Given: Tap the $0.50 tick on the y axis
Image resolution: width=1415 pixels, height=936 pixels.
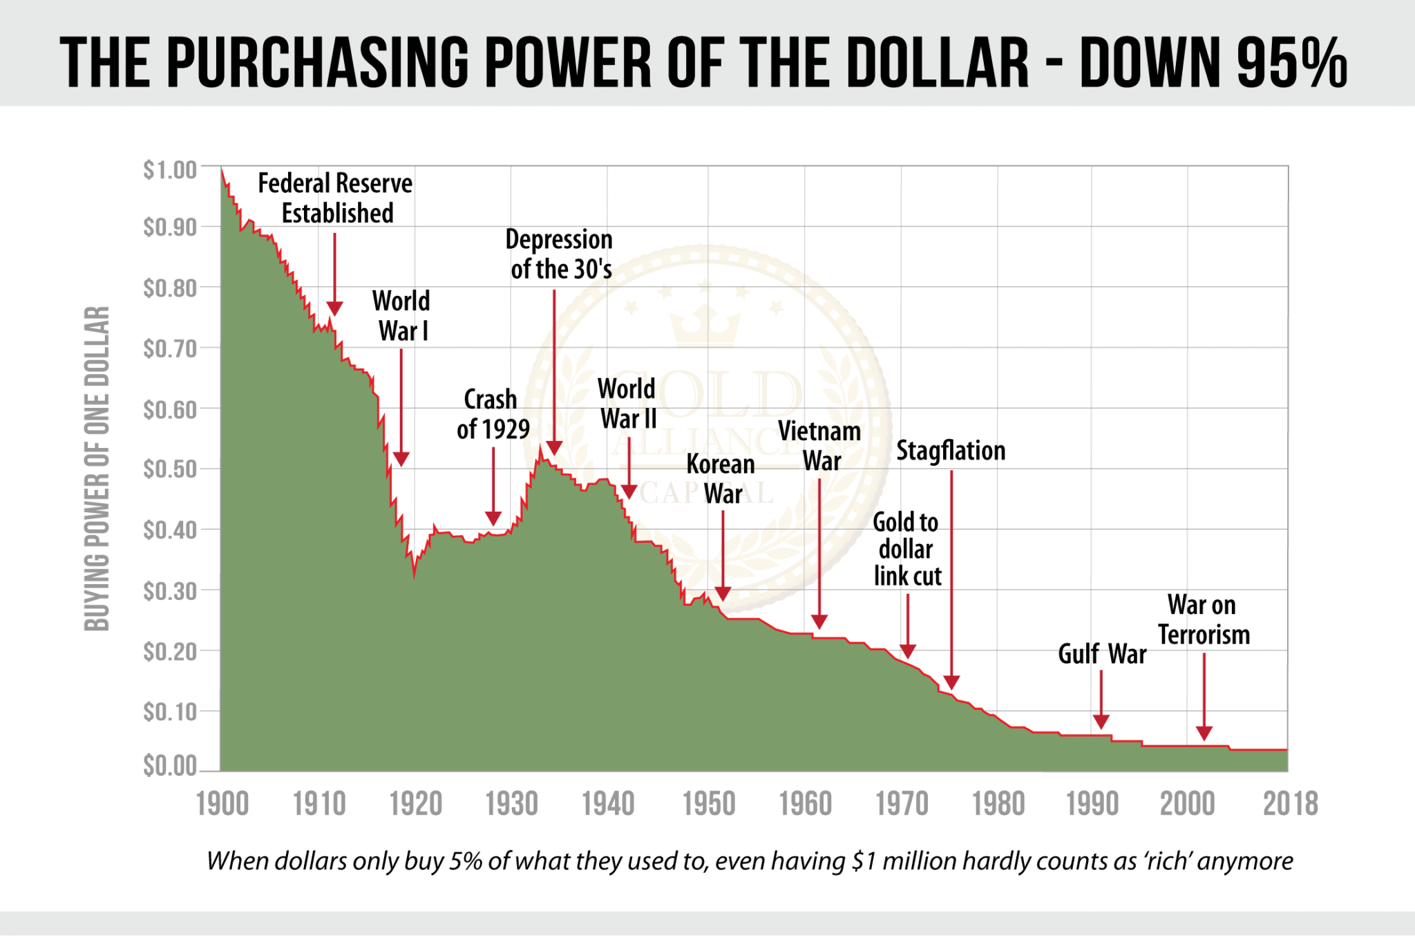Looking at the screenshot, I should pos(170,469).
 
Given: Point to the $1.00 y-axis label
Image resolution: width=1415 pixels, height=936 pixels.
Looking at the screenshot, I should pos(170,170).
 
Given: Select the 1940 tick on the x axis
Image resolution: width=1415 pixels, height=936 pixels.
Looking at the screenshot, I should pos(608,804).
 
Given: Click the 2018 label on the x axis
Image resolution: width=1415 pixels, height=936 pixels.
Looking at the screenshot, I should pos(1290,804).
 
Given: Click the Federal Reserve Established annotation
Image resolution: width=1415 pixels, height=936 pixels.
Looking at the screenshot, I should pos(336,198).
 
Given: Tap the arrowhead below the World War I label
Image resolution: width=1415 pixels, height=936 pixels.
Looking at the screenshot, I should pos(401,459).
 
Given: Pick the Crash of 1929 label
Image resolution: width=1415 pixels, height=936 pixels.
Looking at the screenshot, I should pos(493,414).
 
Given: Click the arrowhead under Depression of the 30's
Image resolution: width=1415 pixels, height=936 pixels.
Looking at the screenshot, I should pos(554,447).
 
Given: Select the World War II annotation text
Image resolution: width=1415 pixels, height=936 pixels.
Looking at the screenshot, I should pos(627,404).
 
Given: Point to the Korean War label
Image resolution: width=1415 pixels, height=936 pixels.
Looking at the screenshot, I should pos(721,479).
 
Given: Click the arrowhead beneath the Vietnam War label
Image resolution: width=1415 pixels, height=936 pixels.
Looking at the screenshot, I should pos(819,621).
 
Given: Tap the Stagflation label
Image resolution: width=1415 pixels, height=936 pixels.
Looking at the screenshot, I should pos(951,451).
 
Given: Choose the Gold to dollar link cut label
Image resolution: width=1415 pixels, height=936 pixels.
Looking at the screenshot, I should pos(906,549).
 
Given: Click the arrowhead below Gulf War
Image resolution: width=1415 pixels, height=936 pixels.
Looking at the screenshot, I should pos(1101,722).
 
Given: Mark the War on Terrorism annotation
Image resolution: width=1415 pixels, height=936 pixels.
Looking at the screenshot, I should pos(1204,619).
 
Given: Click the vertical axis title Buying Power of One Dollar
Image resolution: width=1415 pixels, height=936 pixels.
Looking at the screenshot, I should pos(97,469).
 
